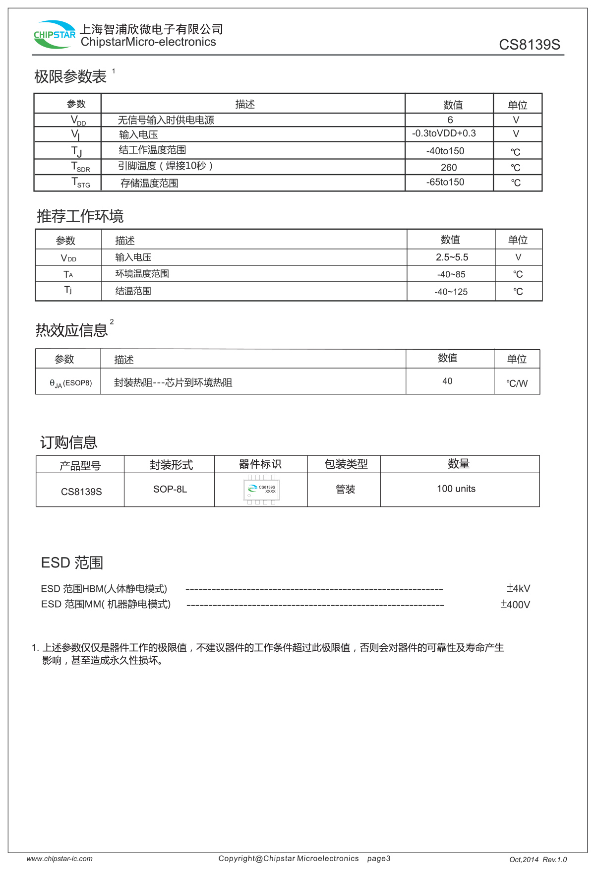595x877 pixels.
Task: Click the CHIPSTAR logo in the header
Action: pos(55,35)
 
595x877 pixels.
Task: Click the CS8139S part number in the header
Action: pos(529,45)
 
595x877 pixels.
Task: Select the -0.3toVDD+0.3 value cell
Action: pos(444,133)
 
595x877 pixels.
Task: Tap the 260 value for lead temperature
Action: pos(449,168)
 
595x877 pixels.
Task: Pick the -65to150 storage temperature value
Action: pos(445,182)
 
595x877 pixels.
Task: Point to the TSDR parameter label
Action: pos(80,167)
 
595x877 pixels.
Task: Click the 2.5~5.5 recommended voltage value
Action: pos(452,257)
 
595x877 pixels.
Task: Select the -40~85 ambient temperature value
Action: pos(451,274)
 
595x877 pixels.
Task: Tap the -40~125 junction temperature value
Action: pos(451,292)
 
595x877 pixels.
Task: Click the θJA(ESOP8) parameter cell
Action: pos(70,383)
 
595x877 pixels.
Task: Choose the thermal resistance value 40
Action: pos(447,381)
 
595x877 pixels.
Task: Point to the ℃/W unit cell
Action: pos(517,383)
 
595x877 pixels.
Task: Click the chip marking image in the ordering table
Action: pos(261,490)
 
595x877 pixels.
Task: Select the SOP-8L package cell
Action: pos(170,489)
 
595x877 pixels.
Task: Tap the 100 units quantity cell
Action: pos(456,489)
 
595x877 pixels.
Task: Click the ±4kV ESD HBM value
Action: pos(518,588)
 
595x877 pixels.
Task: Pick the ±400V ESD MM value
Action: pos(515,605)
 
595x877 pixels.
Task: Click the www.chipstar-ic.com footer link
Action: pos(59,859)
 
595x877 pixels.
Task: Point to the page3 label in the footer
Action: pos(379,859)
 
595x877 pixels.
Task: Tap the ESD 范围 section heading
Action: pos(72,563)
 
